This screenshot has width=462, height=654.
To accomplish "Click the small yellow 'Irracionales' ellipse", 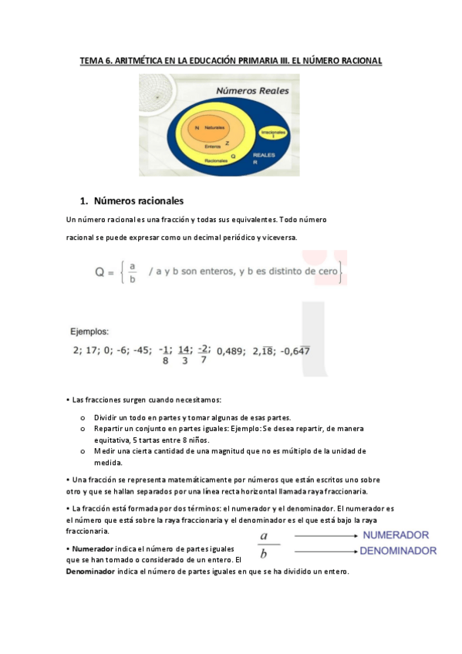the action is click(x=273, y=134).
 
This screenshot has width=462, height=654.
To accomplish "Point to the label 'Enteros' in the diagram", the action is click(x=213, y=145).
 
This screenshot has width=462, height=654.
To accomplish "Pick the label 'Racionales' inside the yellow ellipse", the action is click(x=216, y=160).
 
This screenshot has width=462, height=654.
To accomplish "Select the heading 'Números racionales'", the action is click(x=139, y=202).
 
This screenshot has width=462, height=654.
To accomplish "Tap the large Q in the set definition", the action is click(x=101, y=272).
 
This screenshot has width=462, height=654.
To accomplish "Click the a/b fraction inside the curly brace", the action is click(x=132, y=273).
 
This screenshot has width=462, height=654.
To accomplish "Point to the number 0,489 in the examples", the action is click(x=230, y=351).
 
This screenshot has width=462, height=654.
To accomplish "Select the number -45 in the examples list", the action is click(x=141, y=350).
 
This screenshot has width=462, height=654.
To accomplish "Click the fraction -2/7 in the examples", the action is click(x=204, y=352).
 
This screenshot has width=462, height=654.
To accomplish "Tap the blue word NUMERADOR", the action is click(x=396, y=534).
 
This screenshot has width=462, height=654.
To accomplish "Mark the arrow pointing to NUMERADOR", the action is click(x=324, y=535).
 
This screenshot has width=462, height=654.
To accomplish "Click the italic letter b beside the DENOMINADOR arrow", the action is click(x=264, y=553).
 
